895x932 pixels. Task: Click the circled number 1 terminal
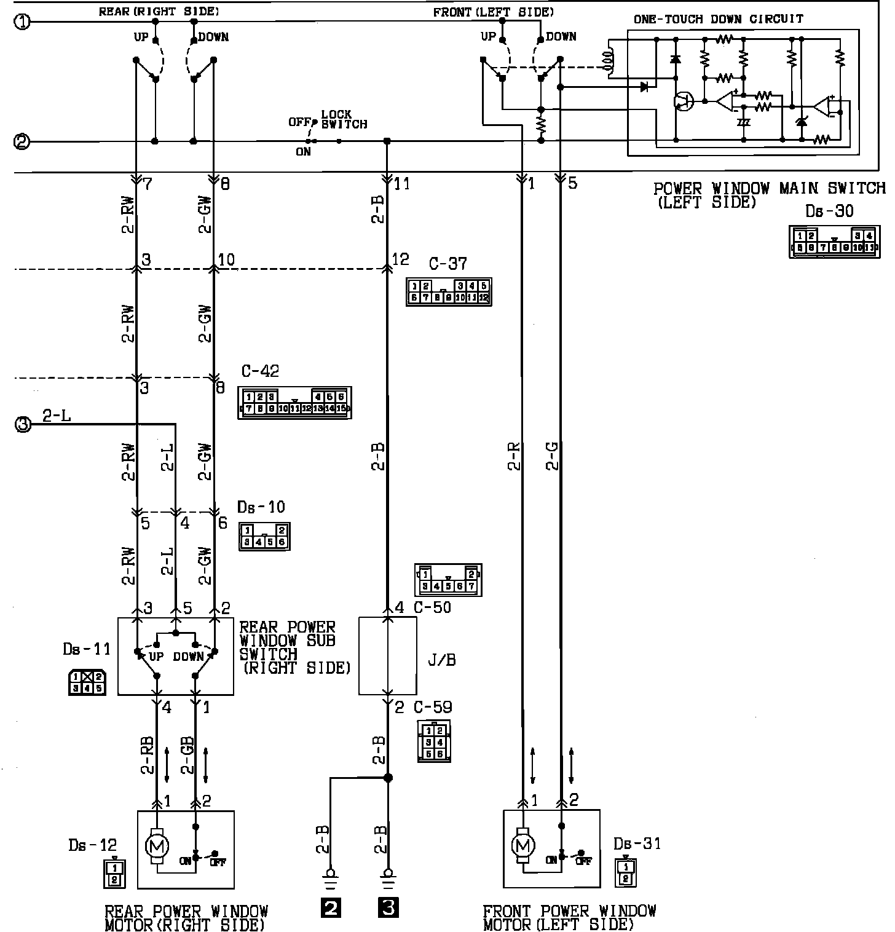22,23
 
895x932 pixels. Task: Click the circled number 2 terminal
22,142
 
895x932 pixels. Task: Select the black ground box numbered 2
331,907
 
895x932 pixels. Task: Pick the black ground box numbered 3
388,907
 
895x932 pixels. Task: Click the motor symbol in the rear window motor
156,847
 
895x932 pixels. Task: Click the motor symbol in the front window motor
523,847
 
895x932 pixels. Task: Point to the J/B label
441,661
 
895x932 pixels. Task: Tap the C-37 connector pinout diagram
449,292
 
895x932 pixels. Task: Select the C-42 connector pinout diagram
294,403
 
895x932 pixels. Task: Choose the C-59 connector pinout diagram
434,741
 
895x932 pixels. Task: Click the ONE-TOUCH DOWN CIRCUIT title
718,19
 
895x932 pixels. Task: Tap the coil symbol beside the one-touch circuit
610,60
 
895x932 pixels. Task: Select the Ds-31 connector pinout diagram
625,872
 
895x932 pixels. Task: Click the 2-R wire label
514,457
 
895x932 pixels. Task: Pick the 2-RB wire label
148,754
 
